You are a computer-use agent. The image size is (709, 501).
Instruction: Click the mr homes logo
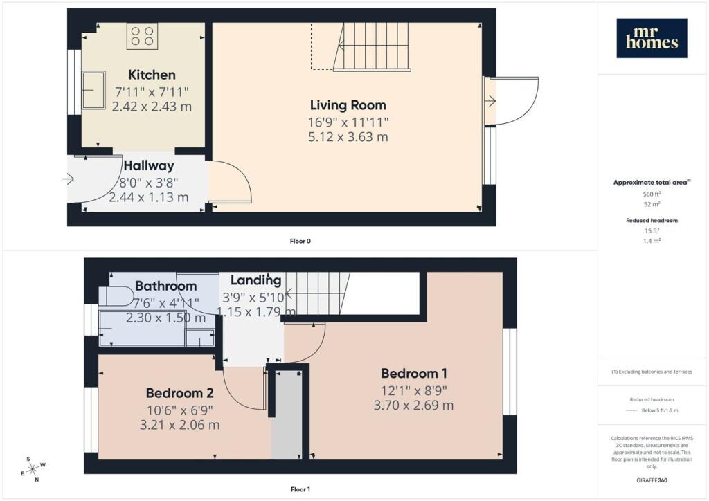[652, 38]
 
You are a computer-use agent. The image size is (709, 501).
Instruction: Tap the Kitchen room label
[152, 75]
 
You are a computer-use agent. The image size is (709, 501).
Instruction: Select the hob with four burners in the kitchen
[143, 37]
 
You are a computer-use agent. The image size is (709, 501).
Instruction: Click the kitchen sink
[93, 90]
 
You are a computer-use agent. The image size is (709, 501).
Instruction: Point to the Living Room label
[348, 105]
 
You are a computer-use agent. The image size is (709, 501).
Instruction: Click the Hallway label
[149, 166]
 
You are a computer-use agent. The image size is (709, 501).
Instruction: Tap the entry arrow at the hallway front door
[69, 179]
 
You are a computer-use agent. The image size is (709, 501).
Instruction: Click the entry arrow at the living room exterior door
[490, 102]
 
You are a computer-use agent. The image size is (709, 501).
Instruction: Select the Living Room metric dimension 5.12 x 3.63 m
[348, 137]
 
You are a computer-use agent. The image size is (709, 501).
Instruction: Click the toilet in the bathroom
[116, 297]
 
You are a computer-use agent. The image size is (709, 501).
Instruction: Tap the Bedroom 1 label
[414, 374]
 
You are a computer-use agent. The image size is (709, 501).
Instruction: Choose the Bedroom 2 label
[180, 393]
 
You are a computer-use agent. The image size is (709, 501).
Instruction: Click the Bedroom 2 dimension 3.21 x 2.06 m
[180, 425]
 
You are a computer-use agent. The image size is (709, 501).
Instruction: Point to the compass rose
[33, 470]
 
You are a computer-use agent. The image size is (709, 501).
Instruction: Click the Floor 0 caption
[300, 242]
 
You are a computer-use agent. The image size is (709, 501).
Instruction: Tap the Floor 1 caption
[300, 489]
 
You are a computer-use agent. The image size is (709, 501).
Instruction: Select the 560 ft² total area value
[652, 194]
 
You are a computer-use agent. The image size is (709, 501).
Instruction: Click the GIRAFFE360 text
[652, 480]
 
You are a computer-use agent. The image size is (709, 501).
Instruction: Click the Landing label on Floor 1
[256, 280]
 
